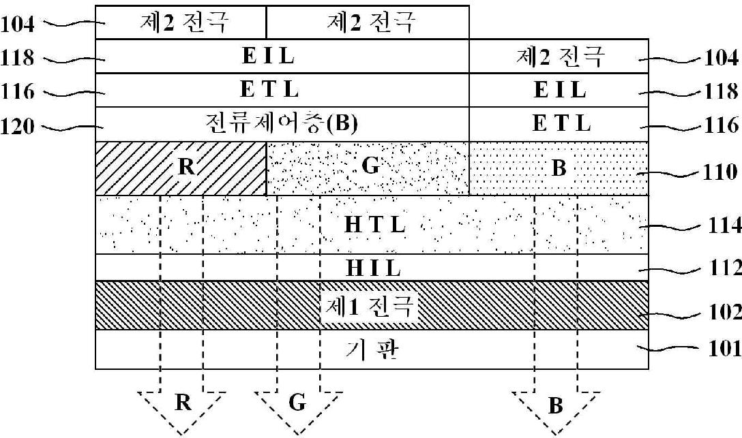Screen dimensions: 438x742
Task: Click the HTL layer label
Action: (x=374, y=224)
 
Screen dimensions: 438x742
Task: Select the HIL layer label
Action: (x=373, y=268)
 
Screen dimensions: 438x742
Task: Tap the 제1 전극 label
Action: (x=369, y=306)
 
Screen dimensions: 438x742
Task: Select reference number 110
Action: (x=722, y=170)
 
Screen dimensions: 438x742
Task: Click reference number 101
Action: (x=722, y=349)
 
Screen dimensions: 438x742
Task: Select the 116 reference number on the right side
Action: (x=722, y=125)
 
